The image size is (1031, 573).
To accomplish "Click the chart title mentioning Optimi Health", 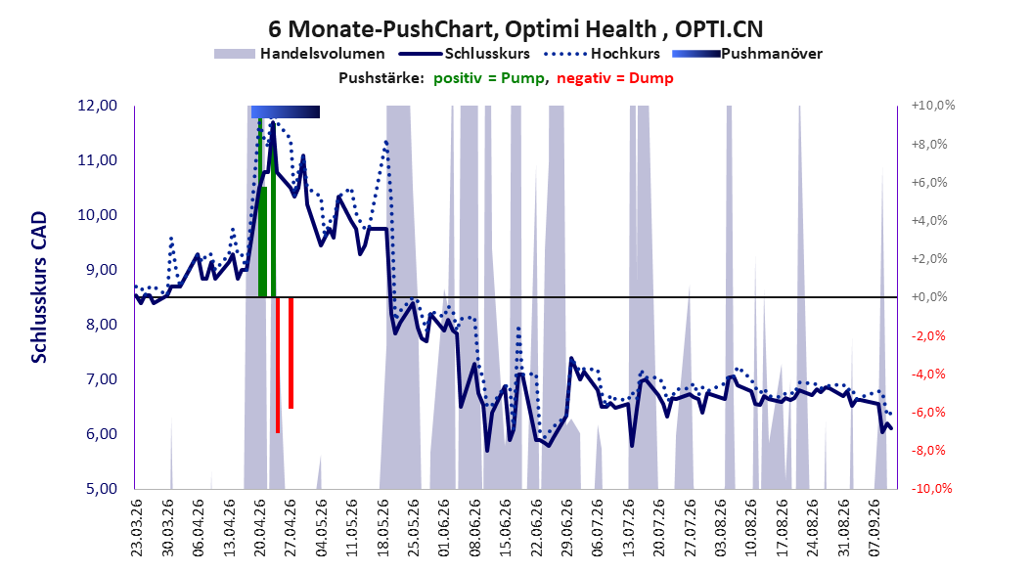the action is click(x=515, y=29).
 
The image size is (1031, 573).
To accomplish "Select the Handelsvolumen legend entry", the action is click(x=300, y=54).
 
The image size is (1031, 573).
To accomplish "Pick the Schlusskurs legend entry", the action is click(x=465, y=54).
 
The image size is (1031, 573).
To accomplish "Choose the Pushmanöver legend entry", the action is click(x=747, y=54).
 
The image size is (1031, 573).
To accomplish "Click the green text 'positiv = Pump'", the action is click(x=488, y=78).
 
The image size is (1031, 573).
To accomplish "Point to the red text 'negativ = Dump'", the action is click(x=615, y=78).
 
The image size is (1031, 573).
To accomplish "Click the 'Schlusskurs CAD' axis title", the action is click(x=39, y=287).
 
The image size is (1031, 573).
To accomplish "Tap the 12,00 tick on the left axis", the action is click(x=97, y=106).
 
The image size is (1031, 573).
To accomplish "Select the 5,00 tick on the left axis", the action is click(x=97, y=489).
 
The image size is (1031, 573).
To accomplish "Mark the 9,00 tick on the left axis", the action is click(x=97, y=270).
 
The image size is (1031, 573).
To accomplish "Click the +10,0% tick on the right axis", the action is click(x=933, y=106).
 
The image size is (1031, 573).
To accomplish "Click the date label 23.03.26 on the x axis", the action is click(x=137, y=528).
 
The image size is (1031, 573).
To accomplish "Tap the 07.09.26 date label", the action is click(x=874, y=528).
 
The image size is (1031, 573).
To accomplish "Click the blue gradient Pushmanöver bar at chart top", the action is click(x=286, y=111).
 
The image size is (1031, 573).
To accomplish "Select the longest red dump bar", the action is click(x=278, y=365).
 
